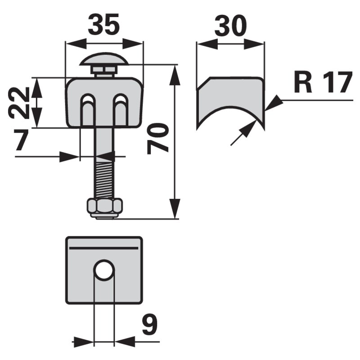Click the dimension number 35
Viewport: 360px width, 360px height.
104,25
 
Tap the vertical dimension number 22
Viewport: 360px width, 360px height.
20,103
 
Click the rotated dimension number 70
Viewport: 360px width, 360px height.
158,139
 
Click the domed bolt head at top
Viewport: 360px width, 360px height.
104,60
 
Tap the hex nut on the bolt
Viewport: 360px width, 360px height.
104,207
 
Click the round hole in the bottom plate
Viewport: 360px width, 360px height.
104,270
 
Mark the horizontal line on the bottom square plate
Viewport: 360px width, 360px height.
104,248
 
